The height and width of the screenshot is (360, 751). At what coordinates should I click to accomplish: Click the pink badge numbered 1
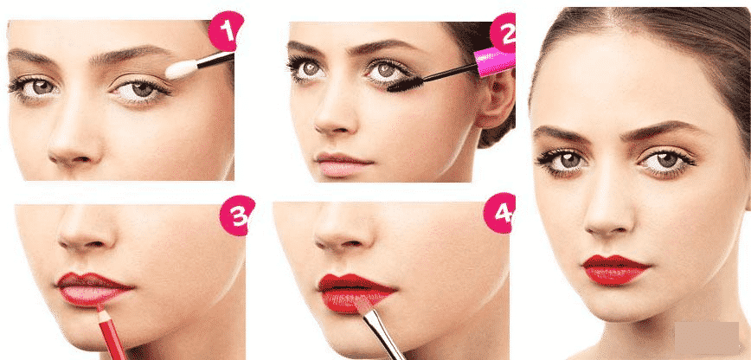[226, 30]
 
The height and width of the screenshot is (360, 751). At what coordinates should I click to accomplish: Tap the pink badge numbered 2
[503, 33]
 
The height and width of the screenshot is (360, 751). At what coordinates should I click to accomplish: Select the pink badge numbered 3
[237, 215]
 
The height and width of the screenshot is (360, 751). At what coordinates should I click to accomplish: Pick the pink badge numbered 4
[499, 213]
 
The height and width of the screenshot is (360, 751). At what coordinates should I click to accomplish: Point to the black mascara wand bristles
[402, 84]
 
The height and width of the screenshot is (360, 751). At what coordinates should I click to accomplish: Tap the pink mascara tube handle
[495, 61]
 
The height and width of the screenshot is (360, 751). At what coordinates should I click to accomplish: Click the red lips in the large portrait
[615, 269]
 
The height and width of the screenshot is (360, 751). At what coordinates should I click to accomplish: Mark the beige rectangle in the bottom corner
[707, 338]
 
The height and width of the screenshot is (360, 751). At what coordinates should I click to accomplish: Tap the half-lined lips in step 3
[93, 289]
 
